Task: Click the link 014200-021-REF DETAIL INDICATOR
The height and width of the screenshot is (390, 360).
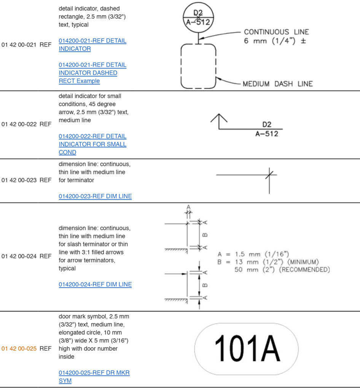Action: (92, 45)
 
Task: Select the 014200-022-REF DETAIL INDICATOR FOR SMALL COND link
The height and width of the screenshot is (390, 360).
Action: (92, 144)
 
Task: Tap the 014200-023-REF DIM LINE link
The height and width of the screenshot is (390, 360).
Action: (95, 197)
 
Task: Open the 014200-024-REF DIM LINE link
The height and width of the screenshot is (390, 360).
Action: (95, 285)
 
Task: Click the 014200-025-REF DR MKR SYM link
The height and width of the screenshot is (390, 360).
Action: (94, 377)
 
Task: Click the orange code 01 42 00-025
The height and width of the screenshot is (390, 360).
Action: (19, 348)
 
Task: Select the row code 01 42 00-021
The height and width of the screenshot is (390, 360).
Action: (19, 45)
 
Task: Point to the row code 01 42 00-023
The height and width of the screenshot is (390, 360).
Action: (19, 180)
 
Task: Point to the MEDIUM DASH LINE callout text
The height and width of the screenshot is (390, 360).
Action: (277, 84)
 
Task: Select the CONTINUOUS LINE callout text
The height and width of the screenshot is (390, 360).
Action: (276, 32)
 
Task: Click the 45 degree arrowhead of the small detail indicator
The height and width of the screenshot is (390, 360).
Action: (219, 118)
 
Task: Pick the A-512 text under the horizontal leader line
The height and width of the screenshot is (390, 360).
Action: (266, 134)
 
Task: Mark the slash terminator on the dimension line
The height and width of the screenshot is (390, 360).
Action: (269, 175)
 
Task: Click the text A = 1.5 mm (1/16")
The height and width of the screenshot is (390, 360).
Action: (253, 254)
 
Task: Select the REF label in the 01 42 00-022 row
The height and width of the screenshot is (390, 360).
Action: (45, 124)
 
